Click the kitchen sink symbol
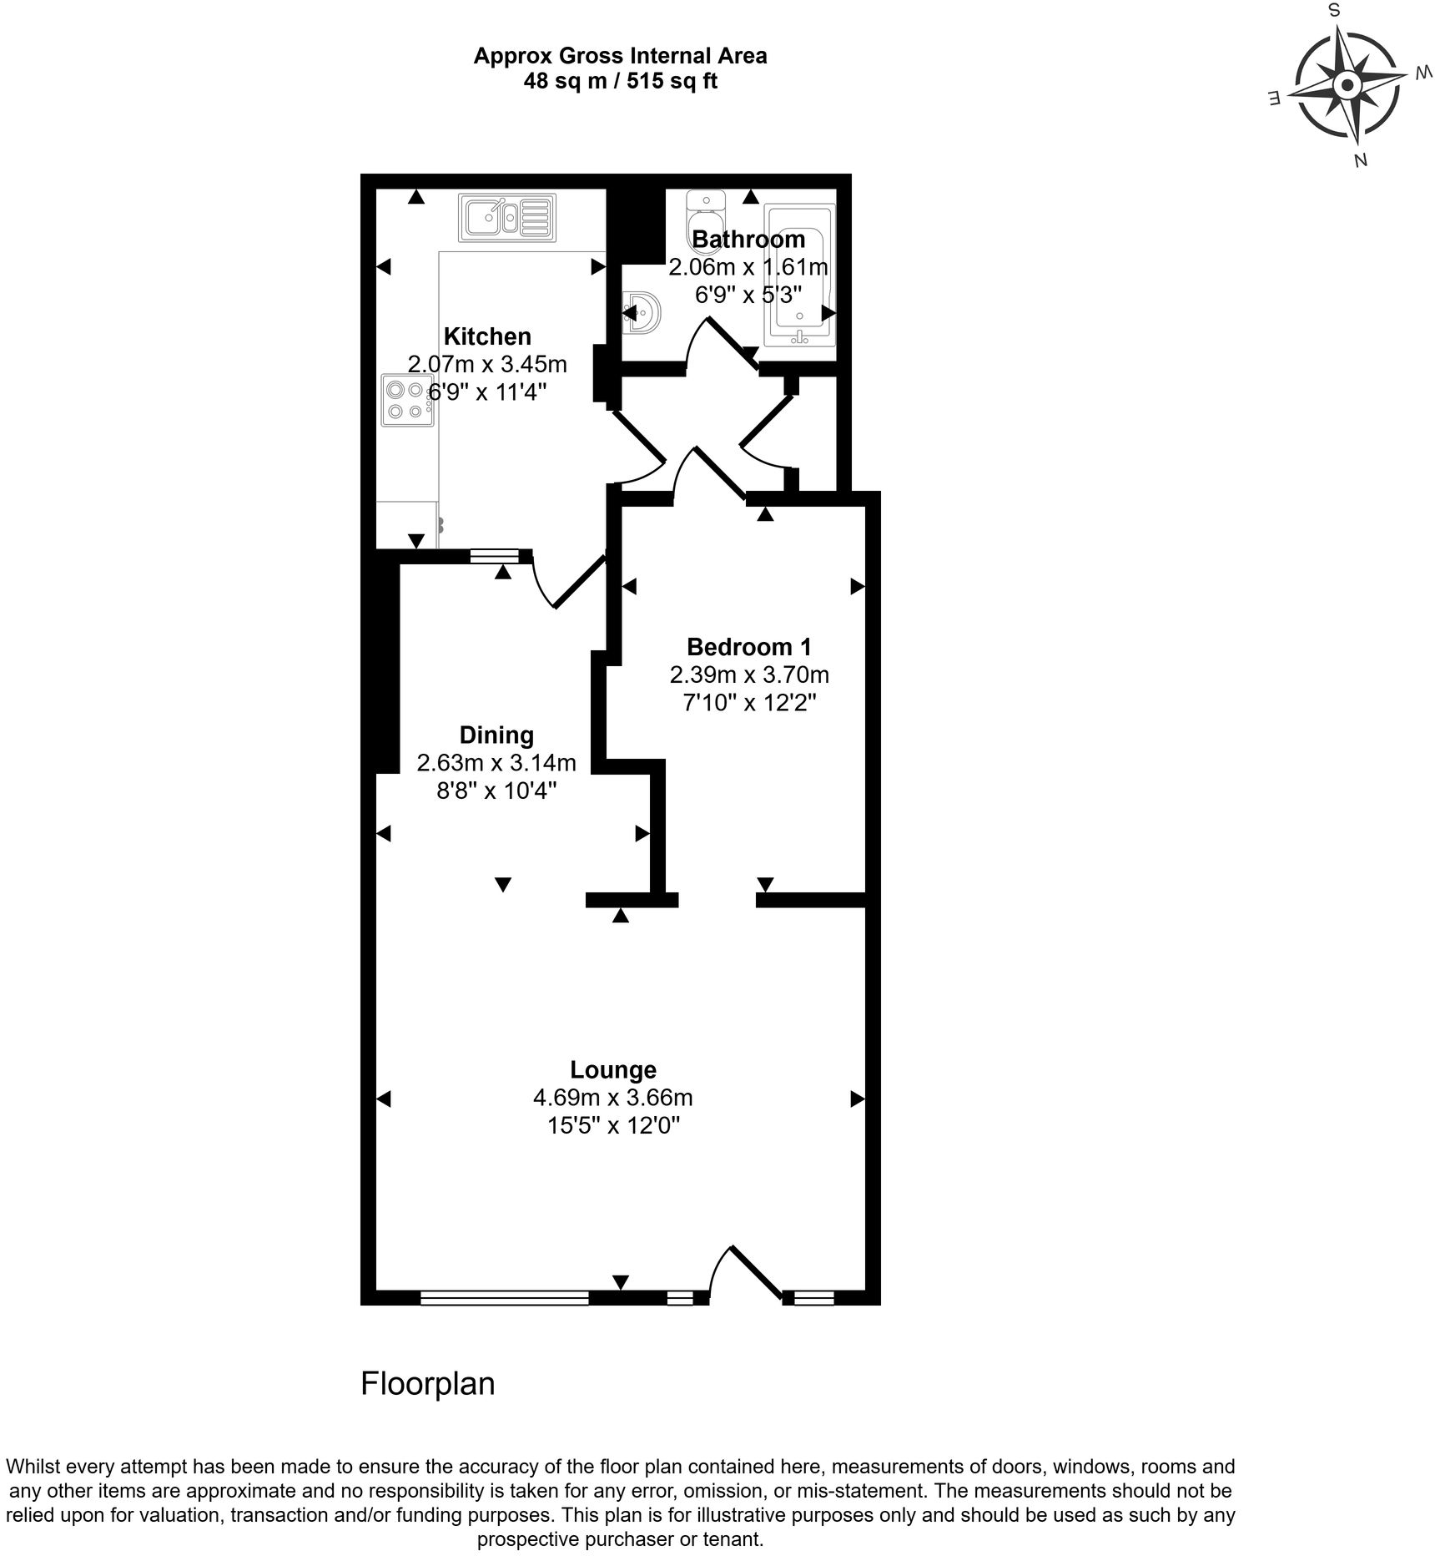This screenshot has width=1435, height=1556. (506, 218)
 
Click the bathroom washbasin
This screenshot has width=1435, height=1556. (643, 314)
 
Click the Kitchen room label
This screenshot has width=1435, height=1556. (487, 336)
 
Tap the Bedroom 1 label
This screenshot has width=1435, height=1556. (748, 646)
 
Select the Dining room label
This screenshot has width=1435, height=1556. (496, 735)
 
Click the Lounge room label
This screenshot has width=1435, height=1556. (613, 1069)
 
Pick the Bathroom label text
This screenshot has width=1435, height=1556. (748, 240)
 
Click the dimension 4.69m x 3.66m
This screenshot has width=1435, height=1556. (613, 1097)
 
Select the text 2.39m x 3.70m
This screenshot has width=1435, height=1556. (748, 674)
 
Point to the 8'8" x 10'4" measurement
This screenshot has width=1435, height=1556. (496, 790)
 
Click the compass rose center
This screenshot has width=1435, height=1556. (1347, 85)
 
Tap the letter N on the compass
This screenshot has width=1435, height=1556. (1360, 160)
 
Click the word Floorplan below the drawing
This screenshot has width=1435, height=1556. (427, 1383)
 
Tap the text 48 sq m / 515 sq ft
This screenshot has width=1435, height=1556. (620, 82)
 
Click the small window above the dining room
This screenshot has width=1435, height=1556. (494, 556)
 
